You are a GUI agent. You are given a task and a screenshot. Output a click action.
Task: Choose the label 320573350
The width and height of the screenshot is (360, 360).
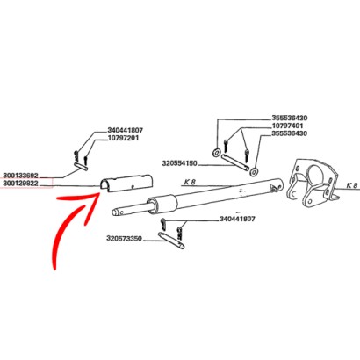pyautogui.click(x=126, y=239)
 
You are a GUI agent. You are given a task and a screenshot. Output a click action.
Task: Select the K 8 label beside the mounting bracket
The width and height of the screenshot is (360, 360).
pyautogui.click(x=350, y=187)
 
